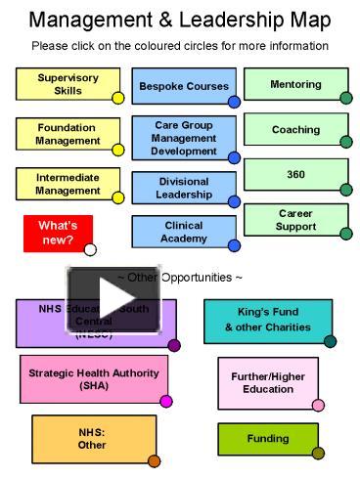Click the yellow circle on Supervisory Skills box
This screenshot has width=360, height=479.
point(118,98)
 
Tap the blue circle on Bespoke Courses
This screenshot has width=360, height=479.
point(234,101)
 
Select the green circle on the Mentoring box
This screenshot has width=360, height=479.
point(346,98)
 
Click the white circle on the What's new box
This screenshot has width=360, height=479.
point(91,249)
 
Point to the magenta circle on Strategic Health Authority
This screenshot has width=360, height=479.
point(166,401)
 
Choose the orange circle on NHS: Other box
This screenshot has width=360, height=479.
point(154,460)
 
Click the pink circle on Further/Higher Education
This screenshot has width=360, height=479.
point(318,405)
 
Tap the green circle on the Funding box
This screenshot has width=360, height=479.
point(317,453)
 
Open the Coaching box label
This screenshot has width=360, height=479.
point(295,129)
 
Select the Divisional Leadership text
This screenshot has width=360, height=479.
point(184,188)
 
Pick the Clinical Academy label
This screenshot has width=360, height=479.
point(184,231)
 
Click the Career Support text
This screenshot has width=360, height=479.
point(295,219)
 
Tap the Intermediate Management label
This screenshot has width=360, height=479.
point(67,184)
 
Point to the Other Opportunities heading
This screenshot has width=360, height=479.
point(179,277)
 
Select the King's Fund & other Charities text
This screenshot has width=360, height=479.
point(267,320)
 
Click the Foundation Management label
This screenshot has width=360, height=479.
point(67,134)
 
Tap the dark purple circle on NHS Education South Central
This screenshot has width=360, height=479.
point(174,345)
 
